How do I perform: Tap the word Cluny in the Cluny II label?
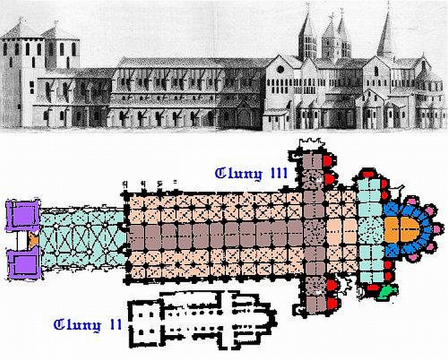[77, 325]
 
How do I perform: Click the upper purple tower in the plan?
[21, 216]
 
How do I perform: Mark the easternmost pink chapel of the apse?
[438, 228]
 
